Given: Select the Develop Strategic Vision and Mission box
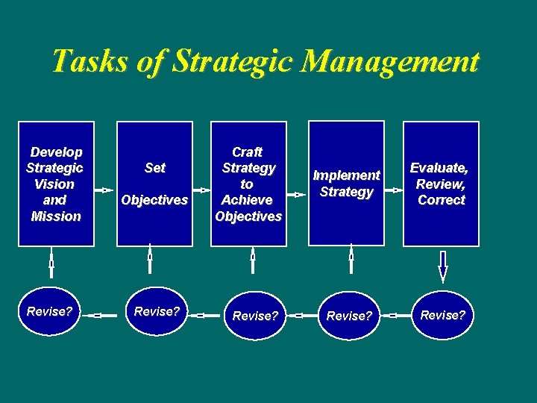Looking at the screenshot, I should pyautogui.click(x=57, y=184).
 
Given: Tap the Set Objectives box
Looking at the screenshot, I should pyautogui.click(x=154, y=184).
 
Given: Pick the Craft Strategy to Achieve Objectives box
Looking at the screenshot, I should pyautogui.click(x=248, y=184).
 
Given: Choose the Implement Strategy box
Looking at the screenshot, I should pyautogui.click(x=346, y=184).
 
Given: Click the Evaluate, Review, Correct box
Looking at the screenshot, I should pyautogui.click(x=441, y=184).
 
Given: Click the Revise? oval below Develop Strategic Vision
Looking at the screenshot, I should pyautogui.click(x=49, y=312).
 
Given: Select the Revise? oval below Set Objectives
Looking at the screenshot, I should pyautogui.click(x=156, y=312).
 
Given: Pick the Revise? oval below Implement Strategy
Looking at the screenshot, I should pyautogui.click(x=348, y=316).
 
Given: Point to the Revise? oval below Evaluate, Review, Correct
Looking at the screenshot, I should pyautogui.click(x=442, y=315).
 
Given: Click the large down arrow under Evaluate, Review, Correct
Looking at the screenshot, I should pyautogui.click(x=442, y=266).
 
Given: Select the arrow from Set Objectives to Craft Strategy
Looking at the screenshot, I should pyautogui.click(x=201, y=190).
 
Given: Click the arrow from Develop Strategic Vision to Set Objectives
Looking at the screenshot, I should pyautogui.click(x=106, y=190).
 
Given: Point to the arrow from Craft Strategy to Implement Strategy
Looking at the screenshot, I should pyautogui.click(x=296, y=194).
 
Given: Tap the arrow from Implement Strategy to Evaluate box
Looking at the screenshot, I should pyautogui.click(x=393, y=190).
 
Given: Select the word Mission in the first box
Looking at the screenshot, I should pyautogui.click(x=56, y=216).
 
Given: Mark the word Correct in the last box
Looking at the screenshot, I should pyautogui.click(x=442, y=200).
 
